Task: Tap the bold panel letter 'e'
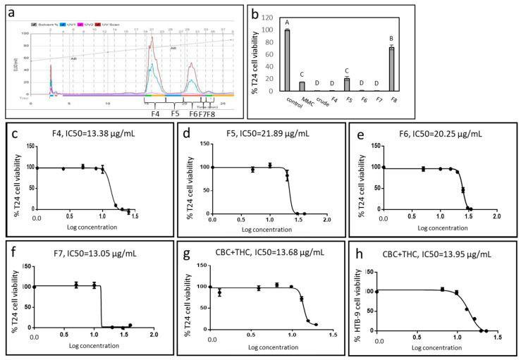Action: pos(359,134)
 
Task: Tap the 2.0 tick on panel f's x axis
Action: pos(153,338)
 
